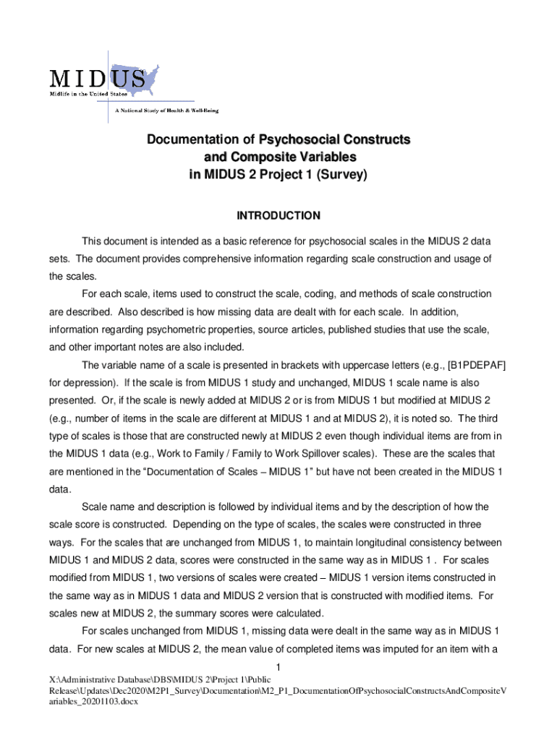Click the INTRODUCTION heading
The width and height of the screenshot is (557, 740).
[x=278, y=215]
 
